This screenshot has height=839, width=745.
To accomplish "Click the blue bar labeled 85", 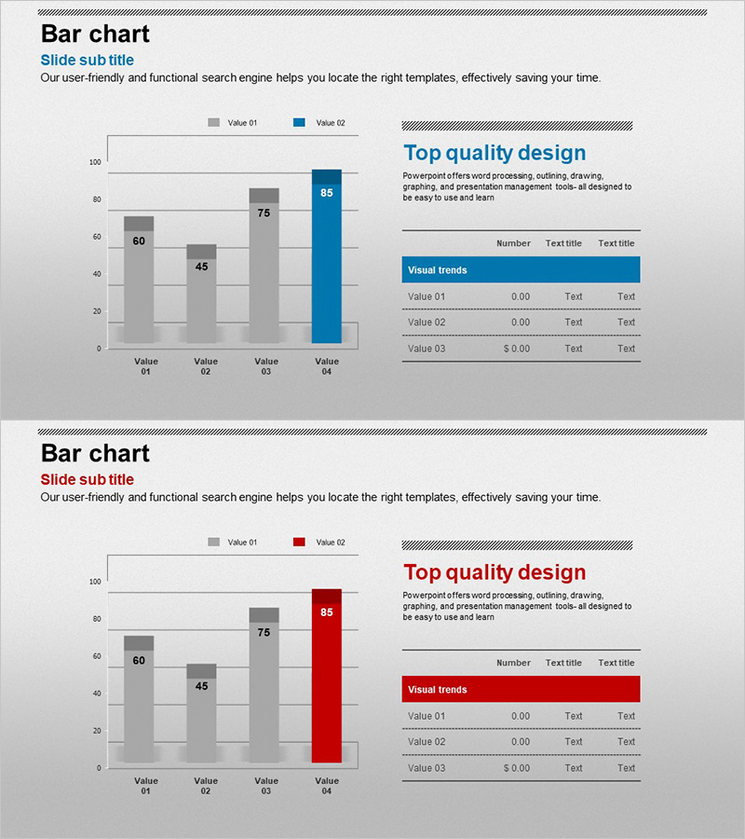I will click(x=326, y=261).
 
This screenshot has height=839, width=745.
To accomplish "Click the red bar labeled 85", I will click(x=326, y=681).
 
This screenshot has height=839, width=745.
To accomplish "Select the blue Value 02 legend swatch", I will click(x=299, y=123).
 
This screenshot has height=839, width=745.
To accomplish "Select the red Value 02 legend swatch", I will click(x=299, y=543).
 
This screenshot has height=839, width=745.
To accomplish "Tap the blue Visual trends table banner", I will click(x=521, y=270).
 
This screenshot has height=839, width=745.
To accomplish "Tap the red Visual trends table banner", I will click(x=521, y=690).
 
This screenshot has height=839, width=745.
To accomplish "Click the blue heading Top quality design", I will click(x=494, y=153).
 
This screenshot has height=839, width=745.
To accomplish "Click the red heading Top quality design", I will click(x=494, y=572).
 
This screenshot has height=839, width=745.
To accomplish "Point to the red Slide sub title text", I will click(x=88, y=479).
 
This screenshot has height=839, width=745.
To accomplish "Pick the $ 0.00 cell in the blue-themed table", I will click(x=516, y=349).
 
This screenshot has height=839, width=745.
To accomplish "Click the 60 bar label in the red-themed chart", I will click(x=139, y=661).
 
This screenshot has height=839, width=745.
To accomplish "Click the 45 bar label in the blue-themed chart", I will click(x=202, y=266).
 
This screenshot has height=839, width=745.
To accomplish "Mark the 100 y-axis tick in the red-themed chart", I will click(x=95, y=582).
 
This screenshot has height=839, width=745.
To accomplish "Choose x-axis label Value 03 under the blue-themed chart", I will click(x=266, y=366).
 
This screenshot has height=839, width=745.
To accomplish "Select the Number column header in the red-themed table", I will click(x=513, y=663).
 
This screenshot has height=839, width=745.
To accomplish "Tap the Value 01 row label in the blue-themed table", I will click(x=427, y=296).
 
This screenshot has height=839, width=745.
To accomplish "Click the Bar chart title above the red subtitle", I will click(x=95, y=454).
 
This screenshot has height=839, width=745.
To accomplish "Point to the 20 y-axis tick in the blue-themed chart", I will click(x=96, y=311).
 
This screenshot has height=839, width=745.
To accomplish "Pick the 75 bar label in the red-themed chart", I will click(x=264, y=632).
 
